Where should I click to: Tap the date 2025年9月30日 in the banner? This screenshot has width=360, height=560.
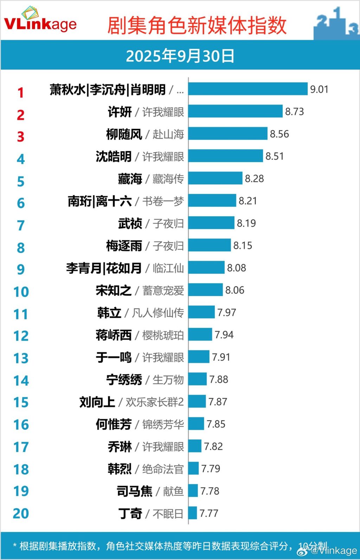click(x=180, y=56)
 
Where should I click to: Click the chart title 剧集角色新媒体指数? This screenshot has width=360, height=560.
click(x=197, y=25)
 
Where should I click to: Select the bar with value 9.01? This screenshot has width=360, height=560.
click(x=248, y=89)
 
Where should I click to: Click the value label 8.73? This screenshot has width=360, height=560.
click(x=294, y=112)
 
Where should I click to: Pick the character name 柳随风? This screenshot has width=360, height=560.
click(x=124, y=134)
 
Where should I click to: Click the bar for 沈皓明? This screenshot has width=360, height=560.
click(x=225, y=156)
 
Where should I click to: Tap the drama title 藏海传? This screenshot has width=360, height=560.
click(x=168, y=179)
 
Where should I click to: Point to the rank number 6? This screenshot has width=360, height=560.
click(x=21, y=203)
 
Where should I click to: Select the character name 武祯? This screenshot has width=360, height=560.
click(x=130, y=223)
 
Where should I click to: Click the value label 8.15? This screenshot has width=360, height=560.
click(x=243, y=246)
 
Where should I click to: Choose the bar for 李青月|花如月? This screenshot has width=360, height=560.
click(x=206, y=267)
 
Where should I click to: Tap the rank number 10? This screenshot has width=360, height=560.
click(x=21, y=292)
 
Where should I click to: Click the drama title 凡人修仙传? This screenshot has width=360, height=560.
click(x=157, y=312)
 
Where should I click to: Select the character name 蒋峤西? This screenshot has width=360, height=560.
click(x=114, y=335)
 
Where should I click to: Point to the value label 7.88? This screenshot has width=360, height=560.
click(x=219, y=379)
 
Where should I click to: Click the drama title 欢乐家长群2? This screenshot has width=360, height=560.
click(x=154, y=402)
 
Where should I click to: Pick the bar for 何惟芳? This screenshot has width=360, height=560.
click(x=196, y=424)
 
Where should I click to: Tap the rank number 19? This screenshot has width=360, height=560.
click(x=21, y=491)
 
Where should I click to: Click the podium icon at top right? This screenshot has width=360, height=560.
click(x=336, y=23)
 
